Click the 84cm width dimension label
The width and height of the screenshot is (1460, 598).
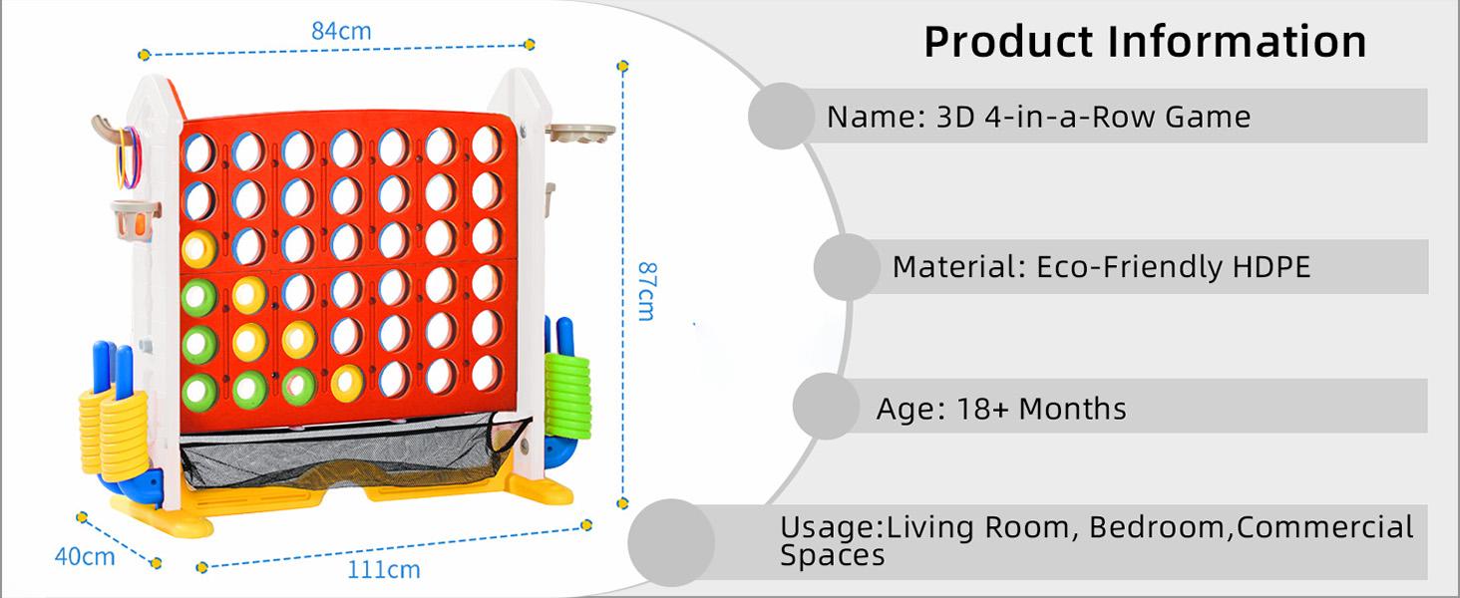[x=341, y=31]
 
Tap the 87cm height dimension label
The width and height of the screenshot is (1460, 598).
[x=645, y=290]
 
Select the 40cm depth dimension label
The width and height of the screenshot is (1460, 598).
[x=84, y=556]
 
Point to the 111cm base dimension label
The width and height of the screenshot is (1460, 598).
[x=383, y=570]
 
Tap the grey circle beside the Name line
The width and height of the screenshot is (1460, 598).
[x=781, y=117]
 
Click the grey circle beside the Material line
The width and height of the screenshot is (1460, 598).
[x=847, y=267]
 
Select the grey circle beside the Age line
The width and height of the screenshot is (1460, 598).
[x=827, y=407]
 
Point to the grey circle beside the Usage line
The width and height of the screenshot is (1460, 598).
[x=671, y=543]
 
